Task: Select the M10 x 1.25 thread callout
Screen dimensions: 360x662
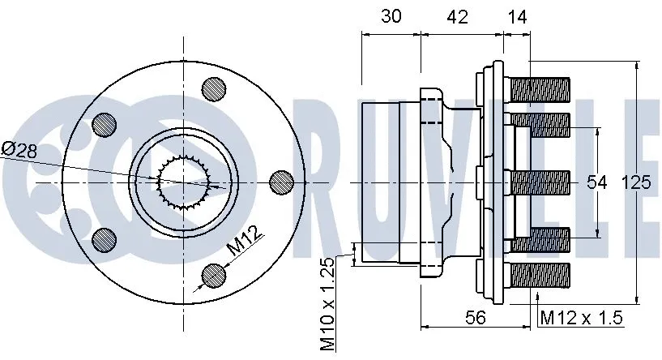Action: click(x=327, y=305)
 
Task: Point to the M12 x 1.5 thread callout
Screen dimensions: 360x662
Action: click(x=581, y=318)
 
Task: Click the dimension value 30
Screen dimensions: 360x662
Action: click(x=390, y=16)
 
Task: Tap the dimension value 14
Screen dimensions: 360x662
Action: click(x=517, y=16)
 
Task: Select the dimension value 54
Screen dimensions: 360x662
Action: click(x=597, y=183)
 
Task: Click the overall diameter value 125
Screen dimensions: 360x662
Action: click(x=637, y=183)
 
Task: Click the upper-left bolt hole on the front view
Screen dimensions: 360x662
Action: click(x=105, y=123)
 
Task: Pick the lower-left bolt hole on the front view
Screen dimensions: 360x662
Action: click(x=105, y=239)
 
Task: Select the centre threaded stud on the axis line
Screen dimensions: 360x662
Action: click(x=540, y=182)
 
